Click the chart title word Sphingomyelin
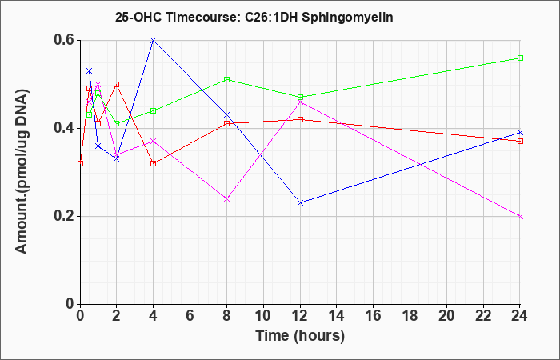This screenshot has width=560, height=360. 347,18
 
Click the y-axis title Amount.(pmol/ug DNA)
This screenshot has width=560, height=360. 22,172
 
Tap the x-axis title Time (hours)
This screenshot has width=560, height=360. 300,336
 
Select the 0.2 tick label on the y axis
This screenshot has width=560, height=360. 64,217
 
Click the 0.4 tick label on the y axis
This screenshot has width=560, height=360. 64,128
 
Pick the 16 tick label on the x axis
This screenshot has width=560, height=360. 374,316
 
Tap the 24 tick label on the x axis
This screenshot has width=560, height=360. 520,316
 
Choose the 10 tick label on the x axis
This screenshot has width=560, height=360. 263,316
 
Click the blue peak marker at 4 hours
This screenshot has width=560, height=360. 154,40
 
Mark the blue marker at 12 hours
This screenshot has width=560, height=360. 300,203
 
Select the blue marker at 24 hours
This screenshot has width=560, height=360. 520,133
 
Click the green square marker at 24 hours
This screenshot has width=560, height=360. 520,58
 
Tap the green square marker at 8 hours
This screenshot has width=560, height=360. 226,80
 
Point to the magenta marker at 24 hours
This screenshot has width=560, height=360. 520,217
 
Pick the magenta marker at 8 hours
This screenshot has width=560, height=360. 226,199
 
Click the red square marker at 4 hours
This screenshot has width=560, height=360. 154,163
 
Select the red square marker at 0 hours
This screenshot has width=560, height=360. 80,163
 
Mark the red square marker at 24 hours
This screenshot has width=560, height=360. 520,142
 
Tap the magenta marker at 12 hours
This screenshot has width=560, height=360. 300,102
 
